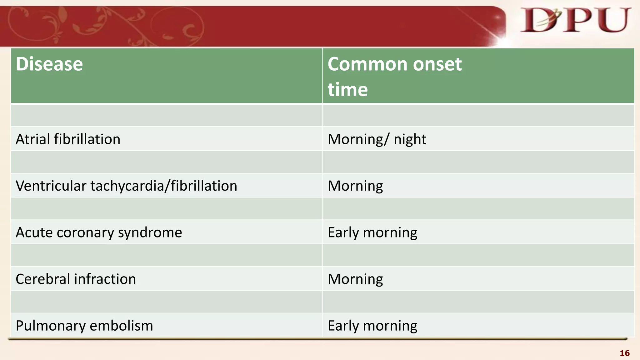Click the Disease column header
pos(49,64)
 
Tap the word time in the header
pos(347,90)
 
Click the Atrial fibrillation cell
pos(68,139)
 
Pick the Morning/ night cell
pos(377,139)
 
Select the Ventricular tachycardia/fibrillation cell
pos(126,186)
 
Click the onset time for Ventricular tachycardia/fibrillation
pos(355,186)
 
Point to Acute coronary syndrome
pos(99,232)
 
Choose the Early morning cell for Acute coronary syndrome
pos(372,232)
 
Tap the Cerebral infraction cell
pos(76,279)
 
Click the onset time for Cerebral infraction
pos(355,279)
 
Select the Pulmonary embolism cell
pos(84,326)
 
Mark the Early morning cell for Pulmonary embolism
pos(372,326)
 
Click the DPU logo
pos(575,21)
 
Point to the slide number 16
pos(624,353)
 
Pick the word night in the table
pos(410,139)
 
